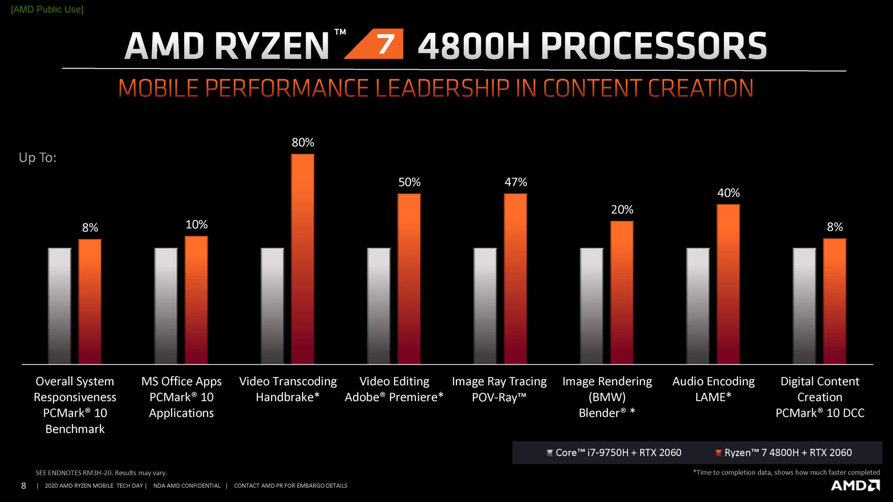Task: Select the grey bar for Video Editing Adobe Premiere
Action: pyautogui.click(x=379, y=306)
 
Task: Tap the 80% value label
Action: pyautogui.click(x=303, y=143)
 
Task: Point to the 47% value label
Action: pyautogui.click(x=516, y=182)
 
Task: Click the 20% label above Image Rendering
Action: pyautogui.click(x=622, y=210)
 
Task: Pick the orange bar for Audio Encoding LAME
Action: pyautogui.click(x=728, y=284)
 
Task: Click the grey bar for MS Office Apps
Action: pyautogui.click(x=166, y=306)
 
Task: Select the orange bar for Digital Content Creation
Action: pyautogui.click(x=834, y=301)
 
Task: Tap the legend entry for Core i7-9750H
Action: pyautogui.click(x=614, y=452)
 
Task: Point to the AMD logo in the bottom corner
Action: pyautogui.click(x=855, y=485)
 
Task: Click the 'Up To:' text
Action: pyautogui.click(x=38, y=158)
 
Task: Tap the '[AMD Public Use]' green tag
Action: pyautogui.click(x=47, y=9)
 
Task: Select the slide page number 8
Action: pyautogui.click(x=23, y=486)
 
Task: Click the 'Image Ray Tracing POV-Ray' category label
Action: pyautogui.click(x=499, y=389)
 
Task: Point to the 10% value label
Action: pyautogui.click(x=196, y=225)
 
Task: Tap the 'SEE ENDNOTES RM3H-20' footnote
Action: pyautogui.click(x=101, y=473)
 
